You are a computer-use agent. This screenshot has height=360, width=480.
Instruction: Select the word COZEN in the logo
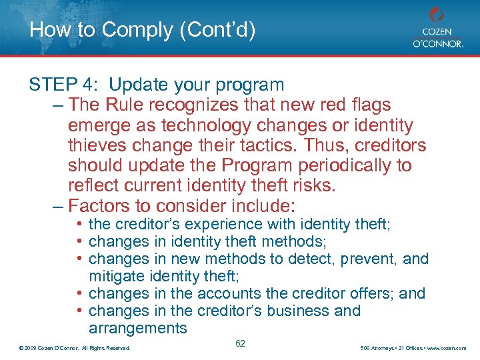point(437,31)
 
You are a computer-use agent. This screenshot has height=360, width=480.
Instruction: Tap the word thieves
point(98,145)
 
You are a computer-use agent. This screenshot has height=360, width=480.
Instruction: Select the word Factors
point(101,205)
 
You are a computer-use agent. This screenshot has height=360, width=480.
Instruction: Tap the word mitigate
point(118,276)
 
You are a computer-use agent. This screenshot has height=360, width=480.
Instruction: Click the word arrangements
point(138,328)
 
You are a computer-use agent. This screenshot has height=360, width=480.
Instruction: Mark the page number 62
point(241,343)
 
